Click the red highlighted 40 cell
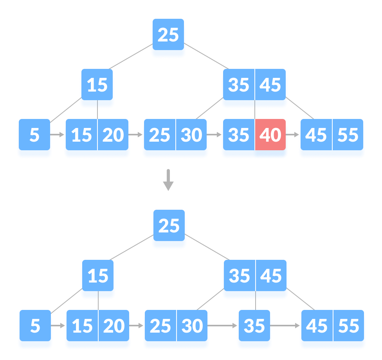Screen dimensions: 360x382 270,135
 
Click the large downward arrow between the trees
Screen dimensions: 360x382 168,180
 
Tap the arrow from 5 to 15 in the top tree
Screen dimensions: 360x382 58,135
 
